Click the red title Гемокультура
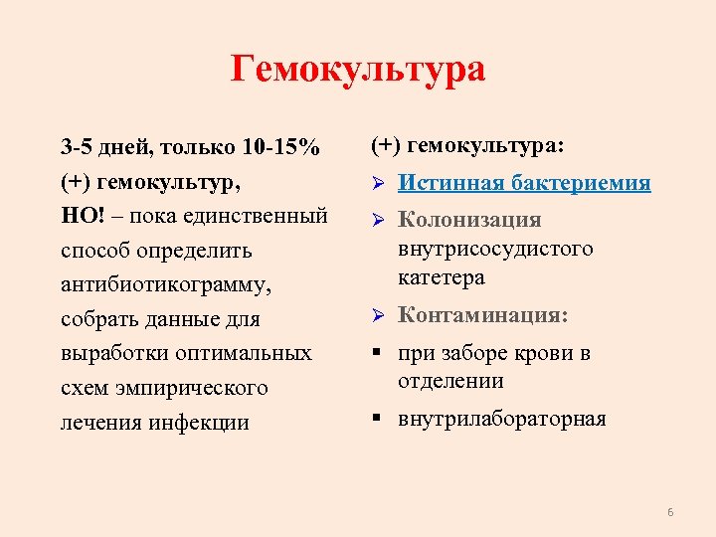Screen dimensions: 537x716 pyautogui.click(x=358, y=71)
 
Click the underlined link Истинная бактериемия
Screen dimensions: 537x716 pyautogui.click(x=524, y=183)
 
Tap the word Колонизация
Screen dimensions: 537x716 pyautogui.click(x=469, y=220)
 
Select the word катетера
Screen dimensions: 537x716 pyautogui.click(x=442, y=277)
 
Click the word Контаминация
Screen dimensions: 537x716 pyautogui.click(x=481, y=316)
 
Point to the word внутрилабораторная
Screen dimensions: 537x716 pyautogui.click(x=502, y=419)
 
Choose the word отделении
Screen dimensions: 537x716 pyautogui.click(x=450, y=381)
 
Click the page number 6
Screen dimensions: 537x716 pyautogui.click(x=670, y=512)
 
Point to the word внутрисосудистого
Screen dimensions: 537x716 pyautogui.click(x=495, y=249)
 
